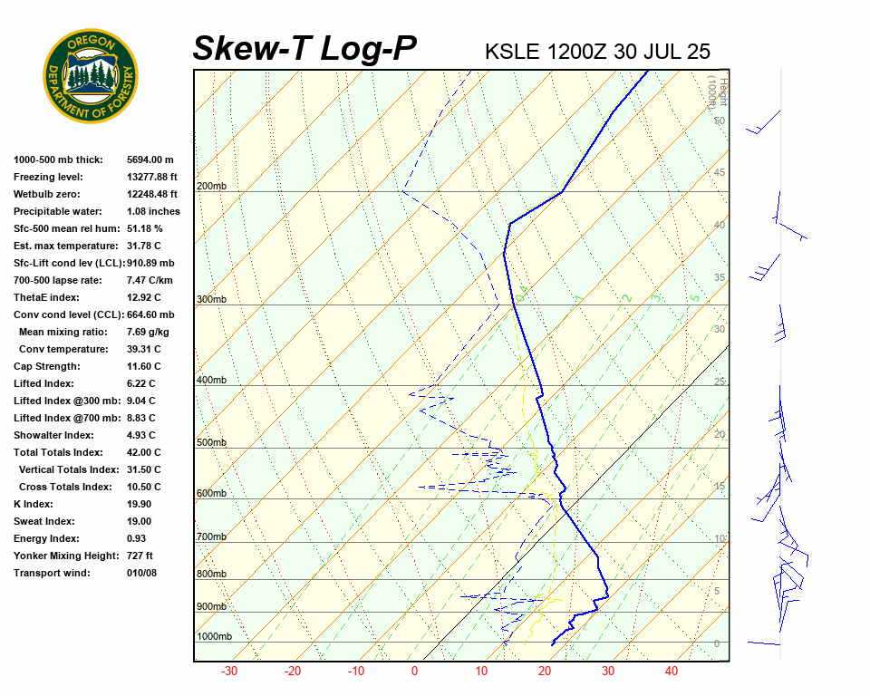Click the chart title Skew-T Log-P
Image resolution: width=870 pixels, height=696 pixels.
click(304, 49)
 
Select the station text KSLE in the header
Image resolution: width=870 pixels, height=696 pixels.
click(513, 51)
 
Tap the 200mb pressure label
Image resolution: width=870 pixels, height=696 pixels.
click(211, 187)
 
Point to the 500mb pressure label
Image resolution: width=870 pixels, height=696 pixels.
click(211, 443)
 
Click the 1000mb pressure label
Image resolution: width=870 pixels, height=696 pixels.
click(214, 637)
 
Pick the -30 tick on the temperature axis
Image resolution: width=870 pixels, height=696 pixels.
click(229, 672)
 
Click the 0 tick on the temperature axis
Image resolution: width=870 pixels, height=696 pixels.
click(415, 672)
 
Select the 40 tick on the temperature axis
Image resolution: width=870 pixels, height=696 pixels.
click(672, 672)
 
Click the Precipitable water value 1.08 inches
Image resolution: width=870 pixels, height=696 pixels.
click(153, 211)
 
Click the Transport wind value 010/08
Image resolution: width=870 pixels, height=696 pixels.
click(141, 573)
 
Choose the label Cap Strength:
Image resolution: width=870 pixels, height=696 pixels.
click(46, 366)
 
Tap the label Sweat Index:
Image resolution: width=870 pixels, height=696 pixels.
click(43, 521)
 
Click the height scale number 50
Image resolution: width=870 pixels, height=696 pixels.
click(719, 121)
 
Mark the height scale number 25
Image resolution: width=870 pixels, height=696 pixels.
click(720, 382)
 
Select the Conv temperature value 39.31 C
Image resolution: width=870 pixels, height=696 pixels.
click(143, 349)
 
